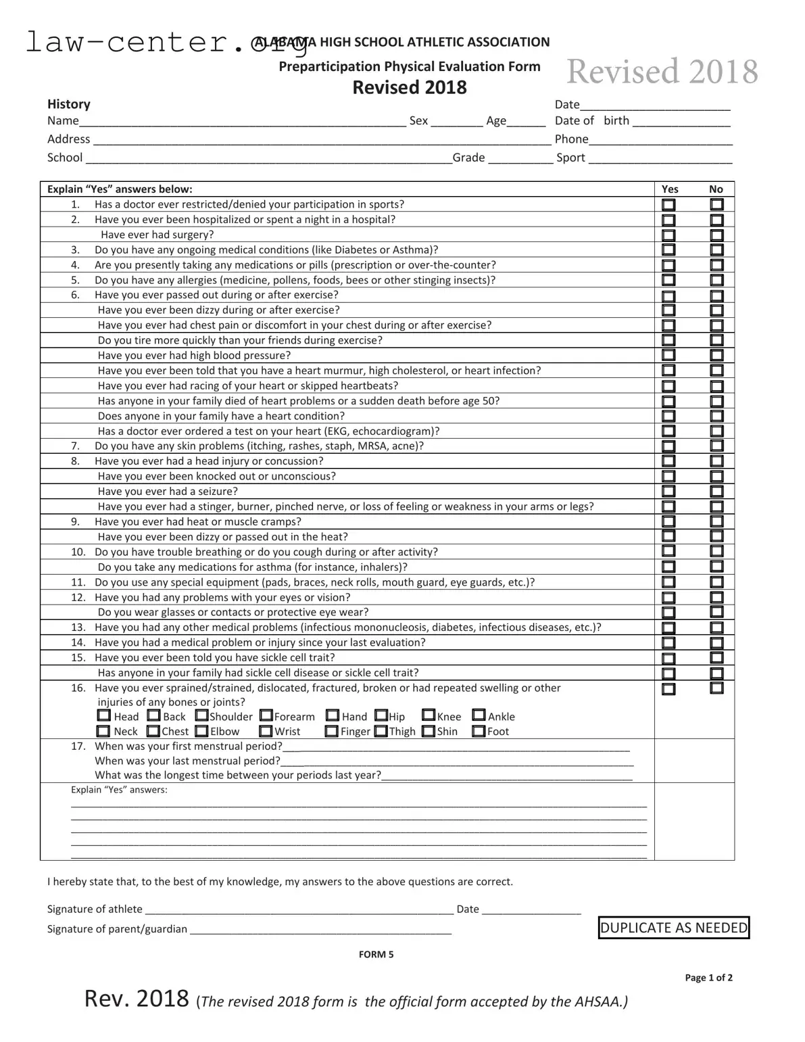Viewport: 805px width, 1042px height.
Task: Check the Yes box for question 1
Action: tap(668, 205)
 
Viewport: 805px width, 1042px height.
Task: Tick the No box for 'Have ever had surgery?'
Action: tap(717, 235)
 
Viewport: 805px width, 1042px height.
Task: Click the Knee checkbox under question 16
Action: tap(429, 715)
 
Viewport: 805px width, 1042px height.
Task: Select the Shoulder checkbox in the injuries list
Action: tap(202, 715)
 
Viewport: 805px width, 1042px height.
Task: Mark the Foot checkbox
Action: tap(479, 731)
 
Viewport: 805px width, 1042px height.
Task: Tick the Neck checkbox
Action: tap(103, 731)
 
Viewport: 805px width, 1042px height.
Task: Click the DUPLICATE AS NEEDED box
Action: tap(674, 928)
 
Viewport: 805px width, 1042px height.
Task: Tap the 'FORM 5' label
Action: tap(376, 954)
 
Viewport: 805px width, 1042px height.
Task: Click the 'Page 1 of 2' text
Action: tap(708, 977)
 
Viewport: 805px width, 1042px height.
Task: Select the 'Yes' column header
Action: tap(670, 189)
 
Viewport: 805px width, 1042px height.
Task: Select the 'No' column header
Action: tap(716, 189)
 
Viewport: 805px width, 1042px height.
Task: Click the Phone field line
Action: tap(660, 140)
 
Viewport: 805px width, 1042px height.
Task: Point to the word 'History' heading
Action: tap(68, 104)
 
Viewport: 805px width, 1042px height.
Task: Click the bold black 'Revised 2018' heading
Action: tap(410, 87)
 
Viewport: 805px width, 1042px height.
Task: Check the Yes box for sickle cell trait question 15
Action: tap(668, 659)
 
